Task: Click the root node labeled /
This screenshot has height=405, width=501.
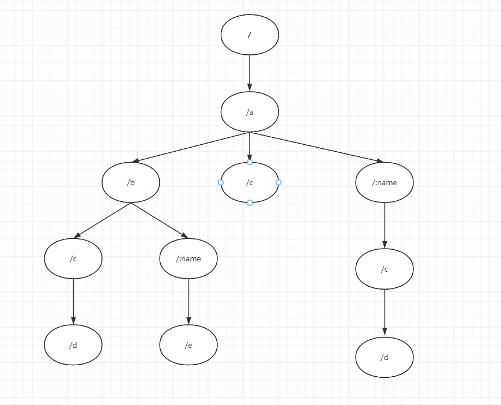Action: [250, 35]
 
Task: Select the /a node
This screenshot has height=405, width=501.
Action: [250, 112]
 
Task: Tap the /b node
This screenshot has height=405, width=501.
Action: [131, 182]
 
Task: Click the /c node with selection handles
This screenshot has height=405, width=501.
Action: [250, 182]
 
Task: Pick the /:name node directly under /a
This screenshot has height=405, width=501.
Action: [385, 182]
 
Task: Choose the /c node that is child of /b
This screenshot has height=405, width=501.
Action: [73, 258]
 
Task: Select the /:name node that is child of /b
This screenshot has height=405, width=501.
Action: [189, 258]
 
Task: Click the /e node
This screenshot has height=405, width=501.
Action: [189, 345]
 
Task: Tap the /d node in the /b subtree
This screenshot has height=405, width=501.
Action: [73, 345]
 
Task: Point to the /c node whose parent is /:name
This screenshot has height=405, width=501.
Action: [385, 269]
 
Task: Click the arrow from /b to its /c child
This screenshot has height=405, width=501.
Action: [102, 220]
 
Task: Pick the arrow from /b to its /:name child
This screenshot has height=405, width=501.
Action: [160, 220]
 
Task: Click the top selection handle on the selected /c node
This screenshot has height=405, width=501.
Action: [250, 162]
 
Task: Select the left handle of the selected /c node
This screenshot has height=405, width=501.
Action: [221, 182]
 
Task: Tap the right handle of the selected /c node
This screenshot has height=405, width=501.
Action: [278, 182]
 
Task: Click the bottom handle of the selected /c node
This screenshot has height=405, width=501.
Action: [250, 202]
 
